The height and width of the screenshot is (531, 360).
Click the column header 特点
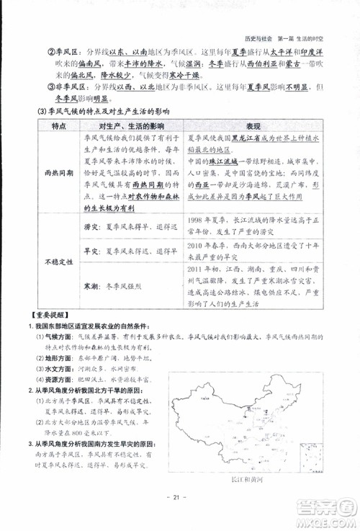(x=60, y=126)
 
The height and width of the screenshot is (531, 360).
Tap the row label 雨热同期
(x=60, y=174)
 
